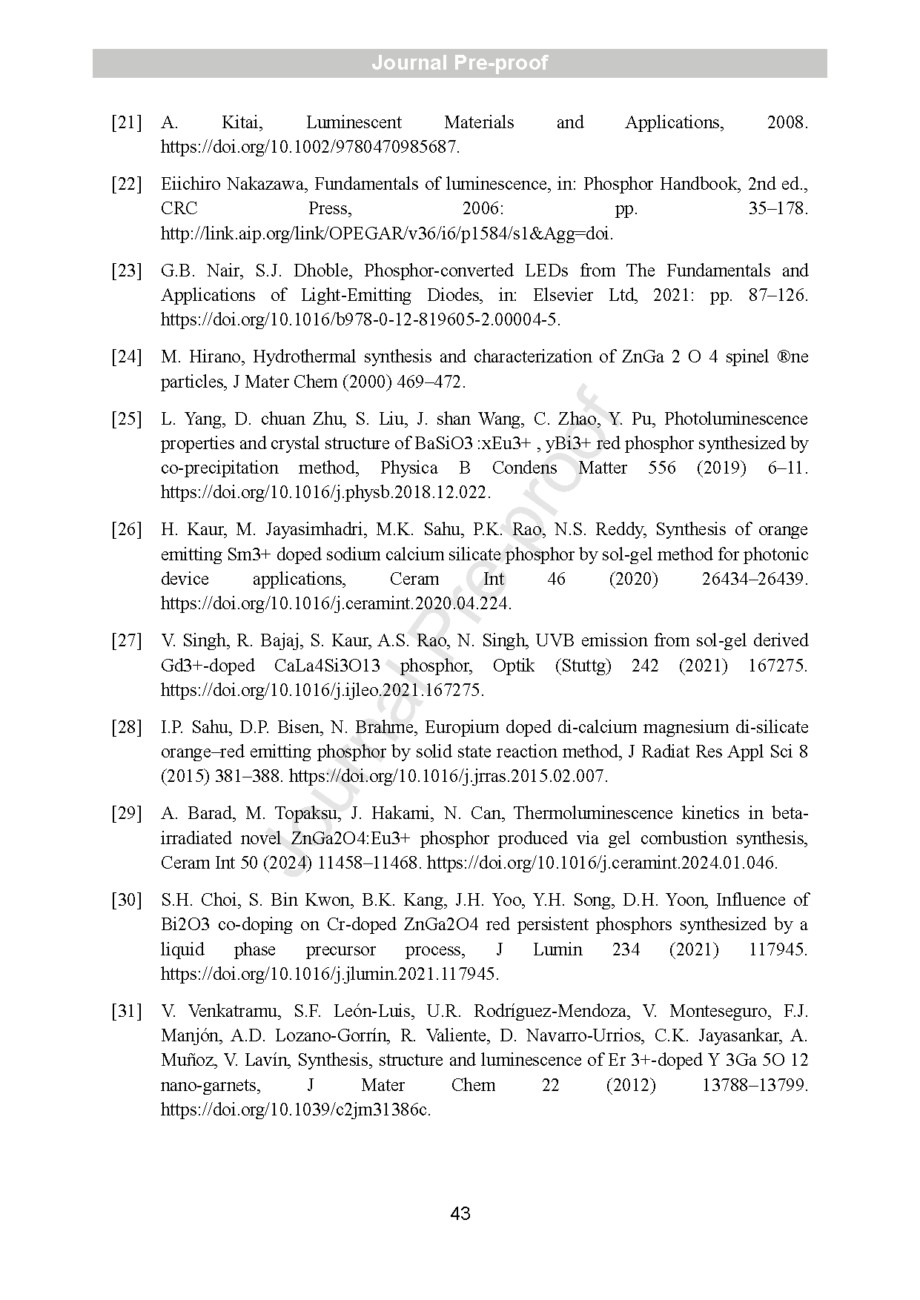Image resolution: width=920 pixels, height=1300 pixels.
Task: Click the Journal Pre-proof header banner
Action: pos(460,63)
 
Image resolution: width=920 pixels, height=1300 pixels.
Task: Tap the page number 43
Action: pos(460,1213)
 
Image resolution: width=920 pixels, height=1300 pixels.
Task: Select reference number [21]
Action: pos(126,122)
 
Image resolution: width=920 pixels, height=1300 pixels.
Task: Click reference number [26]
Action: pos(126,529)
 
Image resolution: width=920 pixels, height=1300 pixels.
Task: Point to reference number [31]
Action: pos(126,1011)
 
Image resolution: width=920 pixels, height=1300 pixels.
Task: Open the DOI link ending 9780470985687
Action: pos(310,147)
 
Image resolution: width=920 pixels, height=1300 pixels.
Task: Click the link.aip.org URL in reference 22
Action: pos(387,233)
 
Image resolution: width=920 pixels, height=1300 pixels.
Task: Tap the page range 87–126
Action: pos(775,295)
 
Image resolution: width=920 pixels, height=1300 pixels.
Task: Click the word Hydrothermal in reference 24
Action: pos(303,356)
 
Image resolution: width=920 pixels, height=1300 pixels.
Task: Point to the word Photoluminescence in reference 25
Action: pos(735,419)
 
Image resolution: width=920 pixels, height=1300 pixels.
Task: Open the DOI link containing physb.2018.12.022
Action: pos(325,492)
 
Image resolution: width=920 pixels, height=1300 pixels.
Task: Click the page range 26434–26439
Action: pos(754,579)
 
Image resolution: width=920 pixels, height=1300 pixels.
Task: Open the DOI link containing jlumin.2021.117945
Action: pos(330,974)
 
